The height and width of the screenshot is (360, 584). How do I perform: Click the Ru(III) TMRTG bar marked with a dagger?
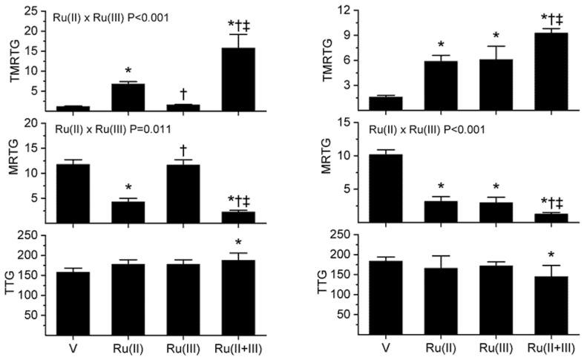[x=183, y=108]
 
